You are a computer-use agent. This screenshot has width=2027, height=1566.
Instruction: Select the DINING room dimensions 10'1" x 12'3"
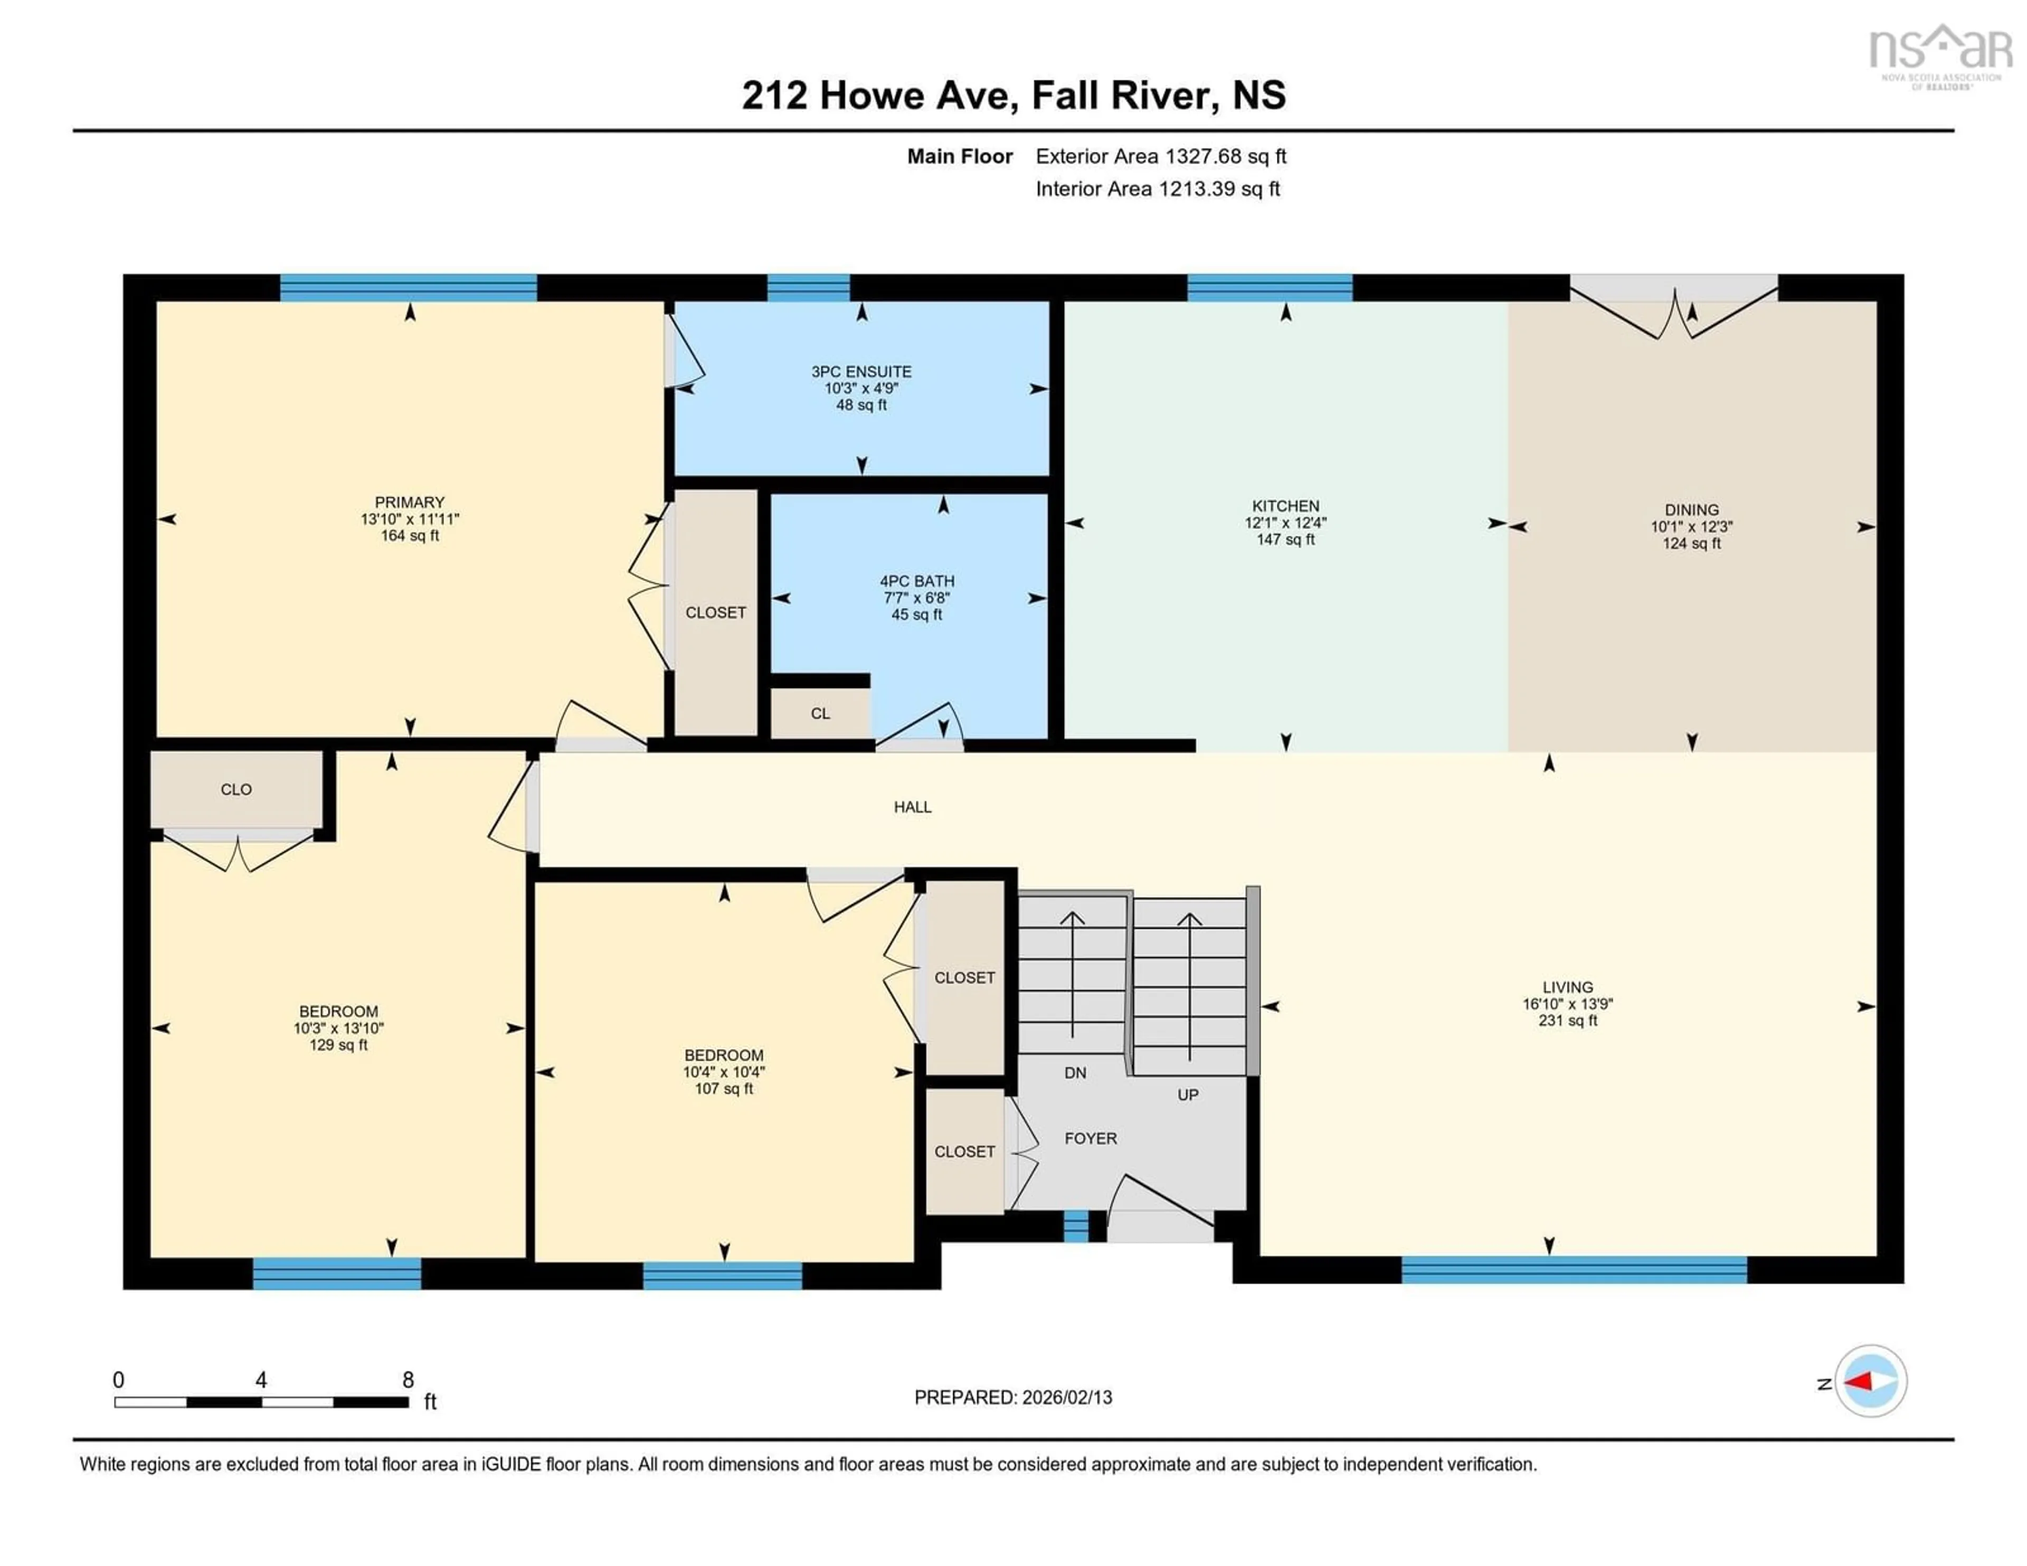(x=1691, y=526)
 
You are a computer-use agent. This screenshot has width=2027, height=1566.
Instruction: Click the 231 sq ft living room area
(x=1568, y=1020)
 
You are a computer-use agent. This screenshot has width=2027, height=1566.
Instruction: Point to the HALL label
(x=912, y=807)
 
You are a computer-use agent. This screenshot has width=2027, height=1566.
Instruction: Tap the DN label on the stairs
(x=1075, y=1072)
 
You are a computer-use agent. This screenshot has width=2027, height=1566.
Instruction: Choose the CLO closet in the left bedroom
(x=236, y=789)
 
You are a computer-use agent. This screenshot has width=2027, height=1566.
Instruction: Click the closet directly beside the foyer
(x=964, y=1151)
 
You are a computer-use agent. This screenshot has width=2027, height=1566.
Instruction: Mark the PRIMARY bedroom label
(x=409, y=502)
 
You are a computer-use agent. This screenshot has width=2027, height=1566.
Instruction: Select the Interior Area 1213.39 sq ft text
(x=1158, y=188)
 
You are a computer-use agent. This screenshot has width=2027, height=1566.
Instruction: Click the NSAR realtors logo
(x=1940, y=55)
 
